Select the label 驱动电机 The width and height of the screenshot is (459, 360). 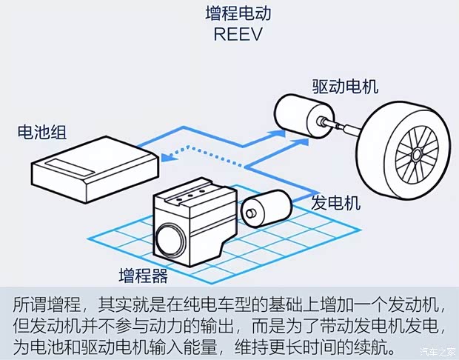coord(343,86)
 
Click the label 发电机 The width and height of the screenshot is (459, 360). coord(335,202)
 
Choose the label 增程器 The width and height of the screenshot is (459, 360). coord(143,277)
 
